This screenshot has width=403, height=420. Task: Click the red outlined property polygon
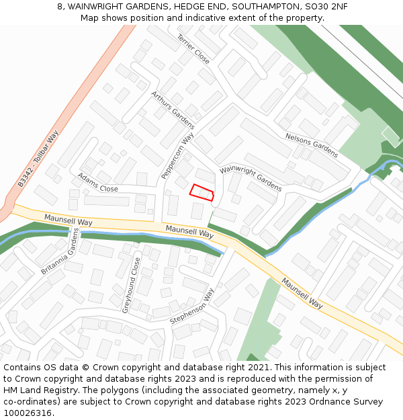tap(201, 192)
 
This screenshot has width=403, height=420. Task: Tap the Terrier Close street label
tap(193, 49)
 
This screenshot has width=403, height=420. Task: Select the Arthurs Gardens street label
tap(173, 110)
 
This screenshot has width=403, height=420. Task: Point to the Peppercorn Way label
tap(177, 155)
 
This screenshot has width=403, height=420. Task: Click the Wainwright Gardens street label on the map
tap(251, 178)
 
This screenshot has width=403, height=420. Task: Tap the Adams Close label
tap(98, 183)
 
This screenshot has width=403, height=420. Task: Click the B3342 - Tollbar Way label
tap(39, 159)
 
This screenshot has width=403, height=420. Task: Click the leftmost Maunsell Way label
tap(68, 220)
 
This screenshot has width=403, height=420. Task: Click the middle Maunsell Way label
tap(189, 233)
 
